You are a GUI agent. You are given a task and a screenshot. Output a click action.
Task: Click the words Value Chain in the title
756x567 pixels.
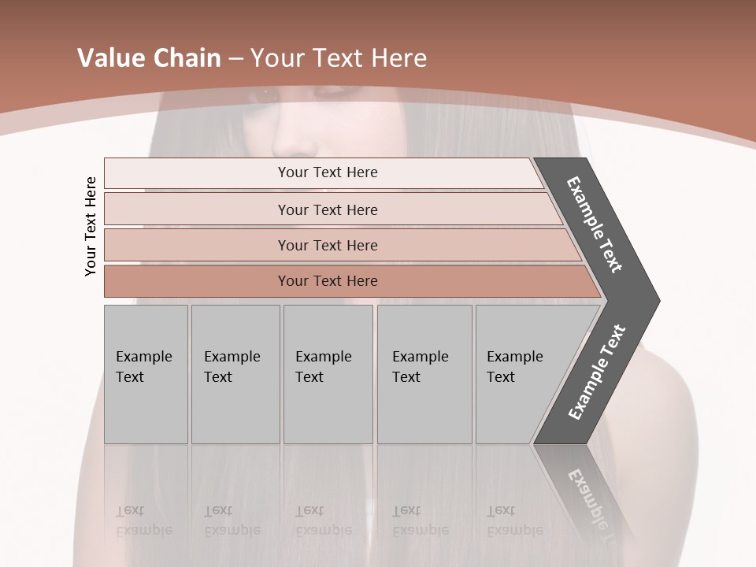point(149,58)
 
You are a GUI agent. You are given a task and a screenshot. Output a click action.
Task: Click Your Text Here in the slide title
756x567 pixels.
point(339,58)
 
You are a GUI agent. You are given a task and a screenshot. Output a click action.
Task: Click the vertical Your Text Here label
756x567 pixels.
point(91,226)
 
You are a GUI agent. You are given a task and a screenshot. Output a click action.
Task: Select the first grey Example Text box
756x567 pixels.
point(146,374)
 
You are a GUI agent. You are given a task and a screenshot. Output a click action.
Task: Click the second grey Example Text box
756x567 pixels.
point(235,374)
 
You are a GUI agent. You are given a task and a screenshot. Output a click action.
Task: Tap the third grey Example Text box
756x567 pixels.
point(328,374)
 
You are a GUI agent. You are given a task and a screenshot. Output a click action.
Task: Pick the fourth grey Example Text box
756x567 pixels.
point(424,374)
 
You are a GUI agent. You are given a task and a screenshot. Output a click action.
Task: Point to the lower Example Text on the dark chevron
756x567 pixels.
point(597,372)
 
